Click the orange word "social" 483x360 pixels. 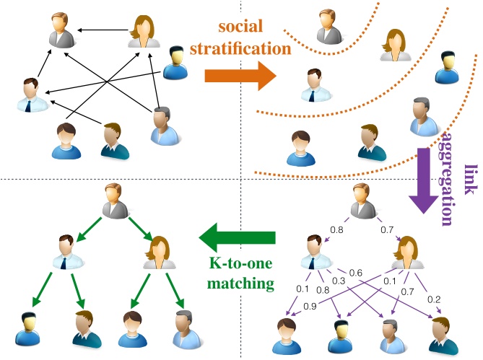click(240, 26)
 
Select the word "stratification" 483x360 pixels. click(240, 48)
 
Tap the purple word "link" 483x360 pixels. click(471, 180)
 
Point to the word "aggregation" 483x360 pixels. click(446, 180)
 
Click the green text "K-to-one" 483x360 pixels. click(240, 263)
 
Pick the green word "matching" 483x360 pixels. click(240, 283)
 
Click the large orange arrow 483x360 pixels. click(240, 76)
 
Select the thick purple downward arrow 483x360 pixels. click(424, 180)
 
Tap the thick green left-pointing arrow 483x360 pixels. click(238, 237)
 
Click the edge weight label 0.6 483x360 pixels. click(356, 273)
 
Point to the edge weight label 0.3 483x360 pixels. click(339, 281)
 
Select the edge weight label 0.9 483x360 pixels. click(310, 306)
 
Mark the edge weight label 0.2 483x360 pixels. click(434, 299)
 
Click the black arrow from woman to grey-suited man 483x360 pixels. click(103, 30)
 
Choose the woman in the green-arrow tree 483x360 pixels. click(160, 253)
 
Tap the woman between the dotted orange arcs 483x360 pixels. click(396, 45)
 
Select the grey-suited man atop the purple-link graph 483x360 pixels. click(364, 201)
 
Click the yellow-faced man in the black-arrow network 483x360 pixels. click(175, 63)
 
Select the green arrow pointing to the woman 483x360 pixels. click(141, 229)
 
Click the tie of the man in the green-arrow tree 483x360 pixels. click(64, 264)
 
